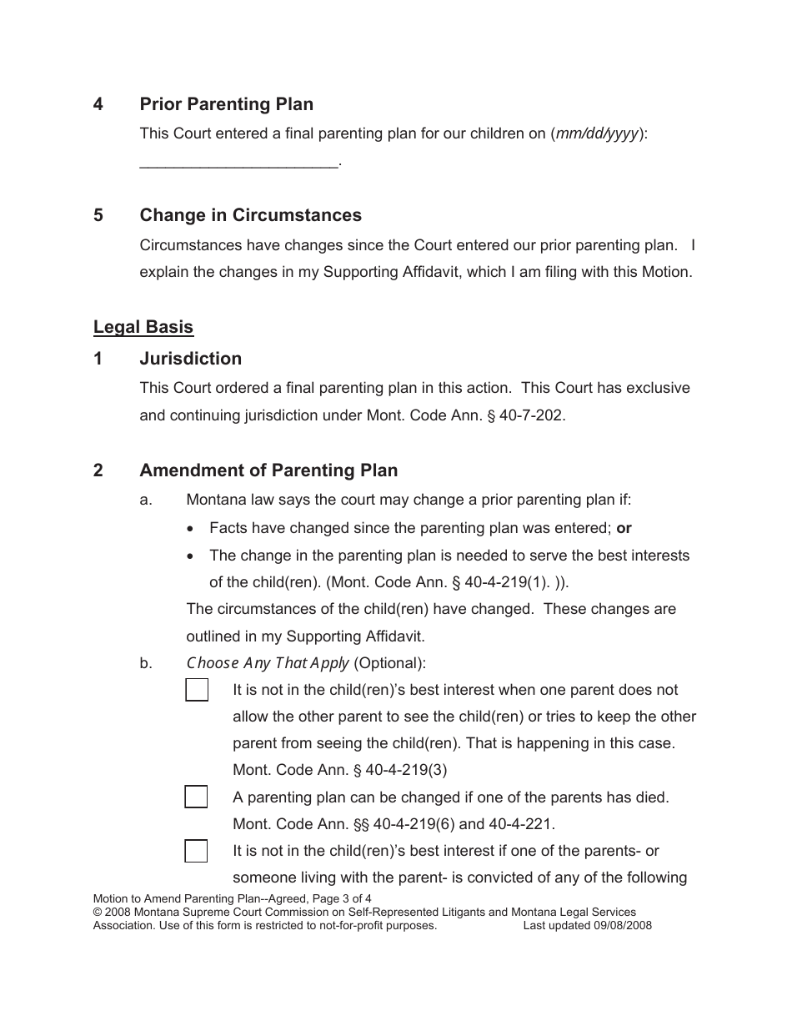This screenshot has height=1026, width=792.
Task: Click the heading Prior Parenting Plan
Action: tap(226, 104)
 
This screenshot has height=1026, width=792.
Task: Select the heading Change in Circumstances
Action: tap(250, 215)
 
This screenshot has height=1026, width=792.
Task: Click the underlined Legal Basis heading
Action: tap(143, 327)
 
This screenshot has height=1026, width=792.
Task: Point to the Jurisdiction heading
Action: tap(190, 359)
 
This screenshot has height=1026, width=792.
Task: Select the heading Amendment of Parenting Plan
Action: tap(268, 470)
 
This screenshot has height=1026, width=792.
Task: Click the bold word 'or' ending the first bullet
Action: tap(624, 528)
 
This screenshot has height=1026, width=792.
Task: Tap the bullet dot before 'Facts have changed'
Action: tap(193, 529)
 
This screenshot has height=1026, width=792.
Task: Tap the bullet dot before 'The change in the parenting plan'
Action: tap(193, 556)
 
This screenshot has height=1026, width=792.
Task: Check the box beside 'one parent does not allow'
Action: tap(197, 691)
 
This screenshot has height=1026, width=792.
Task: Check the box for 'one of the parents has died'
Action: tap(196, 797)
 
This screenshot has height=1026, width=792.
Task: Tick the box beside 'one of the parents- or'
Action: tap(196, 851)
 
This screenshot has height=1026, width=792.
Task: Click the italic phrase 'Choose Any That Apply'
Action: tap(268, 664)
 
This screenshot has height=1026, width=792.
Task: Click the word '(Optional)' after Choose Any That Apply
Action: tap(389, 664)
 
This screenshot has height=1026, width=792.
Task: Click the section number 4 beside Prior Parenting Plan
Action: tap(98, 104)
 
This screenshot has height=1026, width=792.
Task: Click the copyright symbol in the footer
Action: tap(97, 913)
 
